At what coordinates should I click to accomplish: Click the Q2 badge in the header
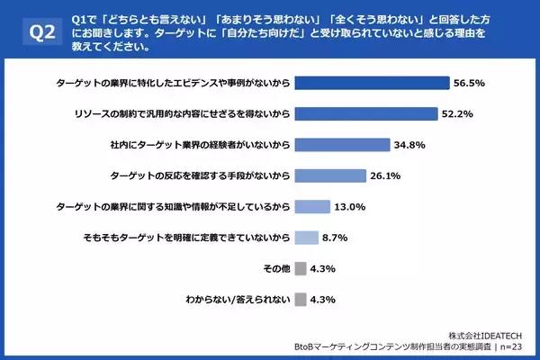click(39, 33)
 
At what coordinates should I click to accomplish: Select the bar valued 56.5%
click(372, 83)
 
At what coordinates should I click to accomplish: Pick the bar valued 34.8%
click(340, 144)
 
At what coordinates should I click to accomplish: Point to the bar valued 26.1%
click(329, 175)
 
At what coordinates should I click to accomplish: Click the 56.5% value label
click(471, 83)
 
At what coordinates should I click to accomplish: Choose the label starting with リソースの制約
click(183, 114)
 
